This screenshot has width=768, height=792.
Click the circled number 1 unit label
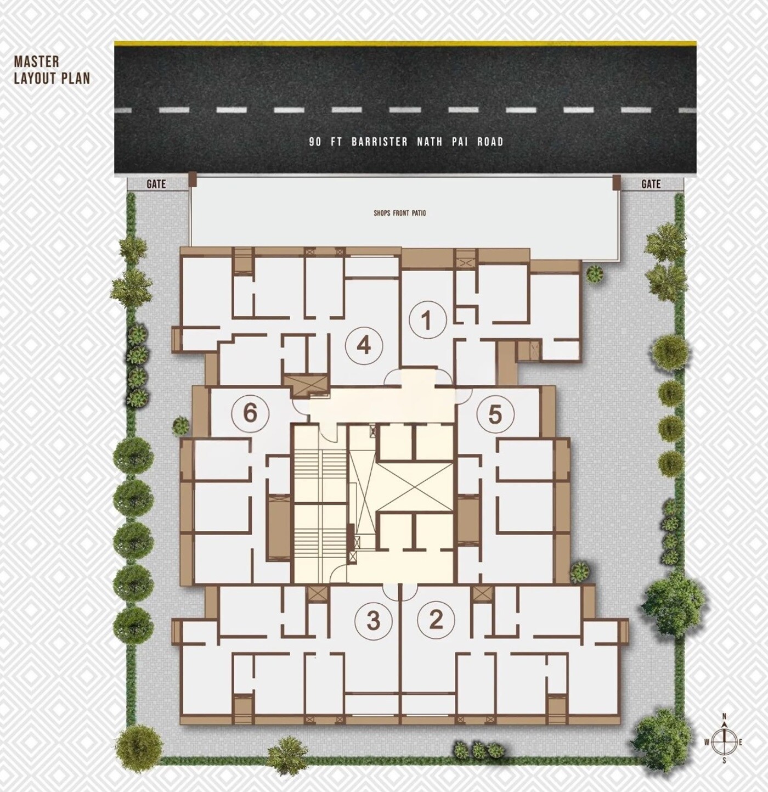point(426,320)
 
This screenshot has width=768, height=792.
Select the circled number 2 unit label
point(436,620)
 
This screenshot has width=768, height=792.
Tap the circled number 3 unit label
point(374,621)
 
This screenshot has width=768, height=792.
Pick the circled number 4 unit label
point(364,346)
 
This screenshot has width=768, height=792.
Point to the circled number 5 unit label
point(495,414)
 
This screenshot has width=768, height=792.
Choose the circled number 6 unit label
point(250,412)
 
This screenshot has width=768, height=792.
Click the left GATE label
point(156,184)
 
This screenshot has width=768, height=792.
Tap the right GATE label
point(651,184)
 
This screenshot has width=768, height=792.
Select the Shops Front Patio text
point(399,213)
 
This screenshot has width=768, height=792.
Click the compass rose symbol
point(724,742)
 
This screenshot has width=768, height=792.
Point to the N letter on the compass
point(724,716)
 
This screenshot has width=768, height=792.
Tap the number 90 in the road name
point(315,142)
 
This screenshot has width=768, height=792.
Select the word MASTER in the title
point(36,61)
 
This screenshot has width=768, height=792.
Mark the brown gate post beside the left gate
point(192,179)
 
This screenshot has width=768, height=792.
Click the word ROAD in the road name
point(490,142)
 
